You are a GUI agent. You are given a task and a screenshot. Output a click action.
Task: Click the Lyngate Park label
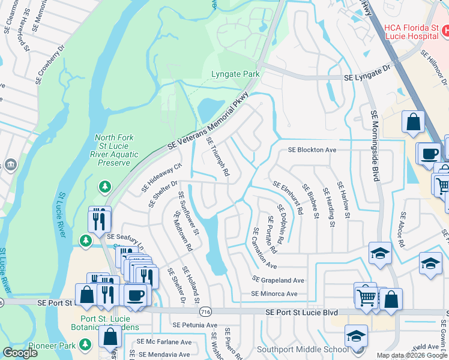point(235,74)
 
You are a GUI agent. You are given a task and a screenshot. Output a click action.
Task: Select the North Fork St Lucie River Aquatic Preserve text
point(112,150)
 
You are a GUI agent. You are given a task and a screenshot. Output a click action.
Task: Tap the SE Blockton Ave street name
point(312,150)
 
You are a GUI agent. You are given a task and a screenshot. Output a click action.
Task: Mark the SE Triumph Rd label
point(218,157)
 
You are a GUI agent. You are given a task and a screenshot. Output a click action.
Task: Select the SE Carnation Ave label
point(265,248)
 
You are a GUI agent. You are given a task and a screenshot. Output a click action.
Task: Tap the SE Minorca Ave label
point(274,294)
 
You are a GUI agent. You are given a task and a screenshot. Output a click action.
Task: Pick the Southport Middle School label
point(302,349)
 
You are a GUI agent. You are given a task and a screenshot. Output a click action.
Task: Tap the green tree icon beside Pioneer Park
point(86,344)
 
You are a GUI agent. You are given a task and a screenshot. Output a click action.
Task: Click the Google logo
point(20,353)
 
